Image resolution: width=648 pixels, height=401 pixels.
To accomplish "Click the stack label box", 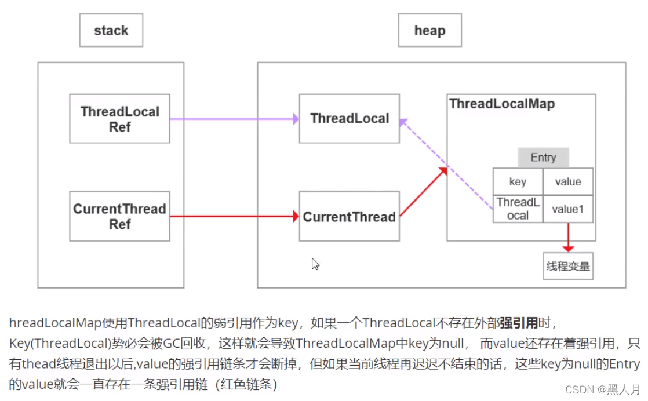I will [x=111, y=30].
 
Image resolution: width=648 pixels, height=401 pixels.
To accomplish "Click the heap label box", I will [x=429, y=30].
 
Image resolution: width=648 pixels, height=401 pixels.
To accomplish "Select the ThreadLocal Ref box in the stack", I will [x=119, y=119].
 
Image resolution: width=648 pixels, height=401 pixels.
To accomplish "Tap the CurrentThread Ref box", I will [x=119, y=216].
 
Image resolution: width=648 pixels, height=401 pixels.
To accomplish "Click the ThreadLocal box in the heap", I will [x=349, y=119].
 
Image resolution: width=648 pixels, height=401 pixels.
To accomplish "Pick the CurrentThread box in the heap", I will [x=349, y=217].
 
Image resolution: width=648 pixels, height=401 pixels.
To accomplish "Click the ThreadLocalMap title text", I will [x=502, y=104].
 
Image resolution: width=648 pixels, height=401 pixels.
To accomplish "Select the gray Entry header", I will [x=543, y=158].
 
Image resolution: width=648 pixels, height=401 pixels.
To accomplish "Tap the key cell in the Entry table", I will [x=518, y=181].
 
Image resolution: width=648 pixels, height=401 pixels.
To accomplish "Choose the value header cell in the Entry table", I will [x=568, y=181].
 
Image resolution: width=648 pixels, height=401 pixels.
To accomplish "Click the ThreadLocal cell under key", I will [x=518, y=209].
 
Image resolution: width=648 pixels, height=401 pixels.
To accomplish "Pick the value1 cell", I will [x=568, y=209].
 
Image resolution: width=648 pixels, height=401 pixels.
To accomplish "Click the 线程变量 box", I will [x=568, y=266].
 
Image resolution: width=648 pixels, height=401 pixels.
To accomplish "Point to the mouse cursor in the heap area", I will [x=315, y=264].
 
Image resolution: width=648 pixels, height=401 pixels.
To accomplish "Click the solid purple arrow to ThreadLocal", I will [x=232, y=119].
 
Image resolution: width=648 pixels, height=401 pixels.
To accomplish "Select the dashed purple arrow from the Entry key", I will [x=446, y=165].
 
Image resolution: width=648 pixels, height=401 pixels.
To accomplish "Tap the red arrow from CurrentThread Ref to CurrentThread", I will [x=232, y=217].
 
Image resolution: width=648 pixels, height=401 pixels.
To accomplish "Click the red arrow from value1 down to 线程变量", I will [x=568, y=236].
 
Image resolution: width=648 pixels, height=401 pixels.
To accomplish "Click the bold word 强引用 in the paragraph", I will [x=518, y=322].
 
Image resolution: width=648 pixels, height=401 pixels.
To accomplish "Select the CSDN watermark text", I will [x=603, y=389].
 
